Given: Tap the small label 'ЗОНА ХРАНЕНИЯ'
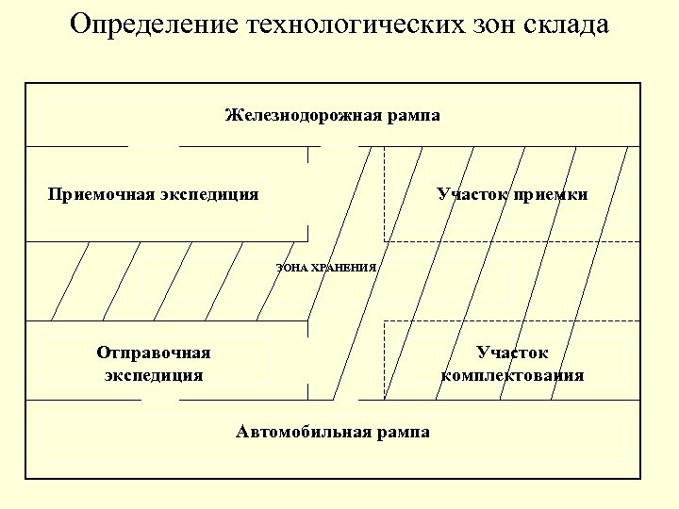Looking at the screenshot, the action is (325, 268).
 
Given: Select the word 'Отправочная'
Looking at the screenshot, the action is (154, 353).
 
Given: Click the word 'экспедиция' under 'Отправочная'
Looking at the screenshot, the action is (154, 375).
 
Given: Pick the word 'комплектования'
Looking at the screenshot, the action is (512, 375).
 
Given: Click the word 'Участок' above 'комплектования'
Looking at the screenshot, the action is (512, 353).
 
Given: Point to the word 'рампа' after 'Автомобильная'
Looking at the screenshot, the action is (401, 432).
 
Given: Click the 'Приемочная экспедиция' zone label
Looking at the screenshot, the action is (154, 195).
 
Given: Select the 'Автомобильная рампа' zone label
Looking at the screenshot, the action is (333, 432).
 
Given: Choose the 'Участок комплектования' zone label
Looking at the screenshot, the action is (512, 364).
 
